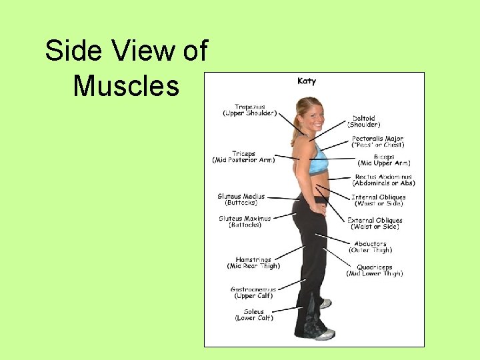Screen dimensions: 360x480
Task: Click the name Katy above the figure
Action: (x=307, y=81)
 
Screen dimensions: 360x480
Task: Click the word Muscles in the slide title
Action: (x=126, y=86)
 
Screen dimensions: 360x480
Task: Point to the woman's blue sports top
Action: (x=318, y=161)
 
